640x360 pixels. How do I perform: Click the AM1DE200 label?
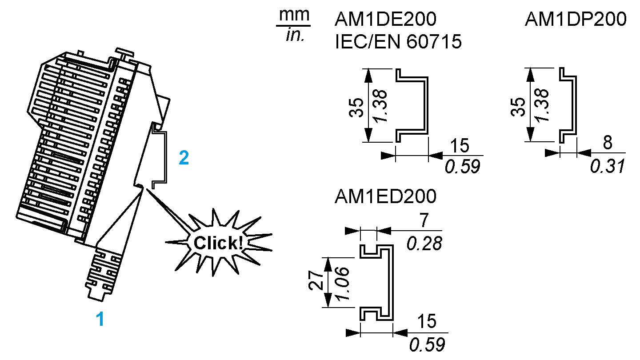pos(385,20)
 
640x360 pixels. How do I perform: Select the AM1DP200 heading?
pos(576,20)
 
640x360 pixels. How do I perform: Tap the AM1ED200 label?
pos(385,196)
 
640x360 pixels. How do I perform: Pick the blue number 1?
pos(100,319)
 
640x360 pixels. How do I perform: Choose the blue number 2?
pos(184,158)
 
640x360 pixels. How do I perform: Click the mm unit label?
pos(294,15)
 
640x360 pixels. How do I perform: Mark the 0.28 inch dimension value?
pos(425,243)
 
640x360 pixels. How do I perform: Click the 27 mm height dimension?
pos(316,282)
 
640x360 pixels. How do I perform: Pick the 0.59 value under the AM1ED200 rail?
pos(427,344)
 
